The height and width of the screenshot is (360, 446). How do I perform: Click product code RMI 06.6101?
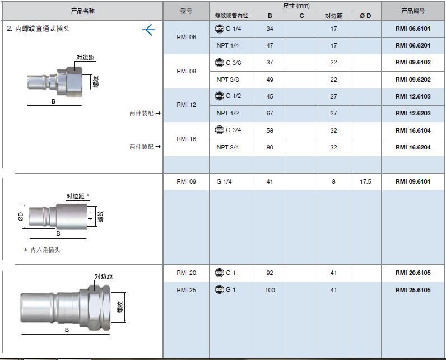[413, 29]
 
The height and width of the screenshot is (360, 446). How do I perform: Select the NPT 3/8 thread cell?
[227, 80]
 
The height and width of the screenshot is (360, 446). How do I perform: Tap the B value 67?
[270, 113]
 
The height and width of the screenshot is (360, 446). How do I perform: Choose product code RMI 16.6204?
[413, 147]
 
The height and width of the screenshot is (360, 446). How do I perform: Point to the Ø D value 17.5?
[365, 181]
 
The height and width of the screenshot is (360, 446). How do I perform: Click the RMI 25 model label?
[187, 290]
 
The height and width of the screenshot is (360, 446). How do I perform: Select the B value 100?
[270, 290]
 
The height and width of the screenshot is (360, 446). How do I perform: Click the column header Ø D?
[365, 16]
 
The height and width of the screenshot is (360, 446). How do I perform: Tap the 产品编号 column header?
[413, 11]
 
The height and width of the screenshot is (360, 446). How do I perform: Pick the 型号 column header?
[187, 11]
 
